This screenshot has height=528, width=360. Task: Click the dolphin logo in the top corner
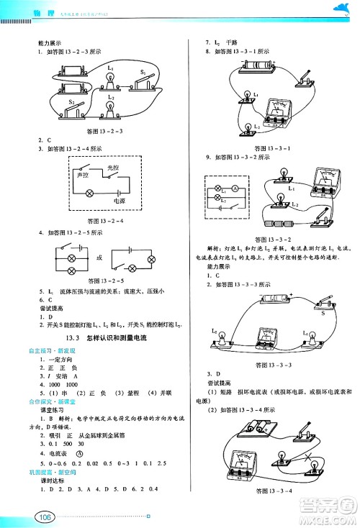tap(338, 9)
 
